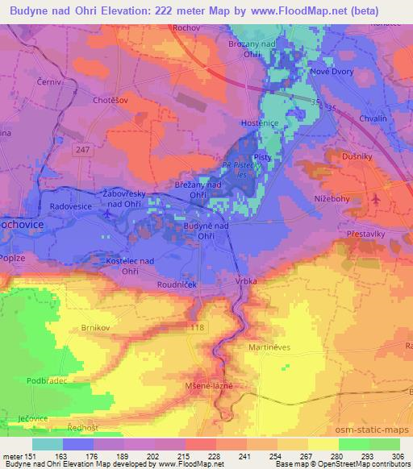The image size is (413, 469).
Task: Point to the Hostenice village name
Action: [x=261, y=122]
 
